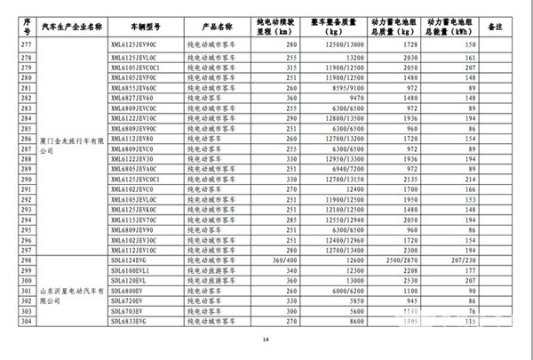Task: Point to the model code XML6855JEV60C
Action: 133,90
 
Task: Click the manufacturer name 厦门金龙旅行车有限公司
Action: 67,145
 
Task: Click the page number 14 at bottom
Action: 264,341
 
